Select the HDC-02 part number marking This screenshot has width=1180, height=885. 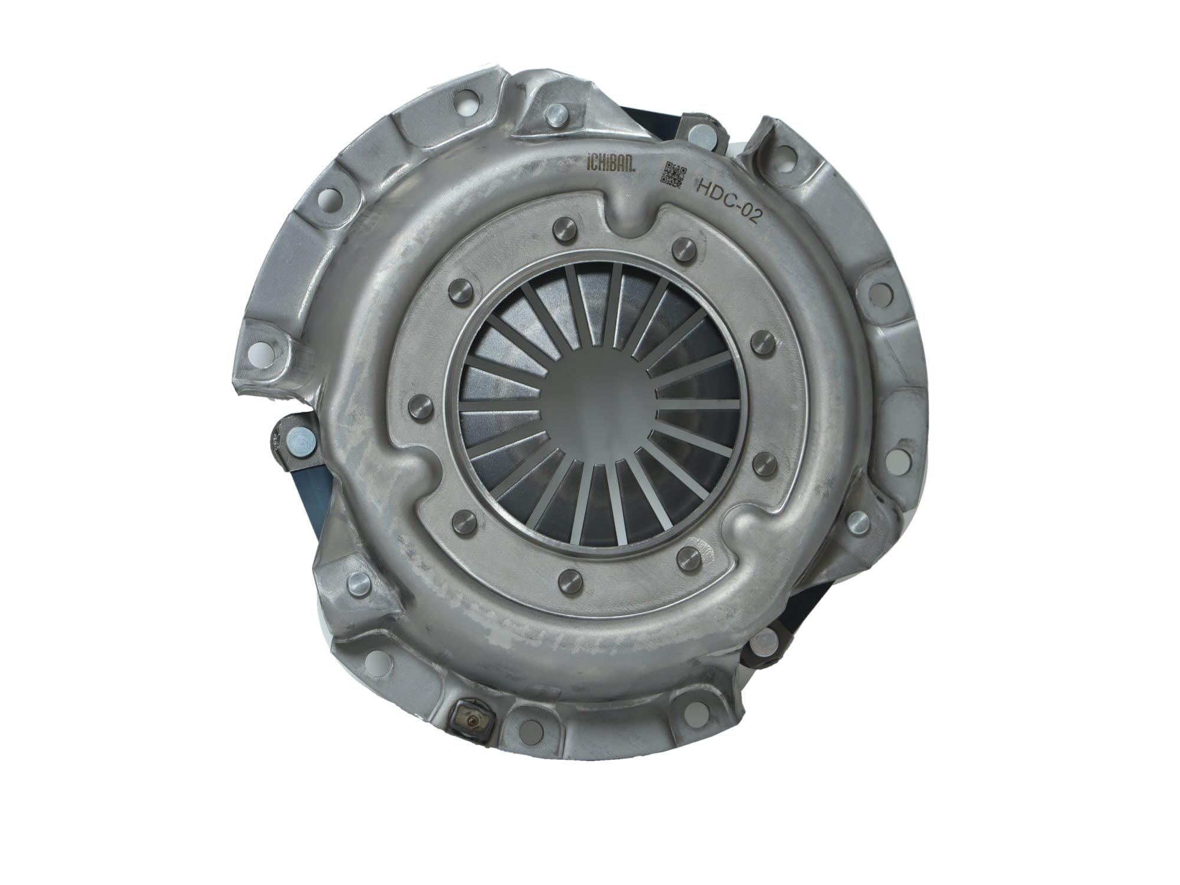click(730, 202)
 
